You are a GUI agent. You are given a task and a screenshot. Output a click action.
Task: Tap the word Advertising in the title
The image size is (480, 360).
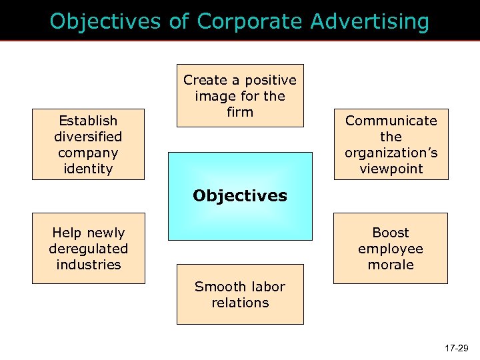pos(370,22)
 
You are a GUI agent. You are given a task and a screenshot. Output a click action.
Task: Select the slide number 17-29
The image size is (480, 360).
pos(455,348)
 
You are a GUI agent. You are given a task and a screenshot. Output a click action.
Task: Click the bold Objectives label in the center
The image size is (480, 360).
pos(240,196)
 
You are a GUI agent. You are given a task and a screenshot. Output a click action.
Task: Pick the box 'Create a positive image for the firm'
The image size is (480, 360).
pos(240,95)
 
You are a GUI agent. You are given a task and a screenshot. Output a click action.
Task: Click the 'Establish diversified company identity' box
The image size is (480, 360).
pos(88,145)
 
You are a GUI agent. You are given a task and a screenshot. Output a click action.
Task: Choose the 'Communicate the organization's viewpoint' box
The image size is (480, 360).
pos(391,145)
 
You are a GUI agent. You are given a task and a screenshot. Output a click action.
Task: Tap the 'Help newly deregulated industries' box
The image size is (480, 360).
pos(88,249)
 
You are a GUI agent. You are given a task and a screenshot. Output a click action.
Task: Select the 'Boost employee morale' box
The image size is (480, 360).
pos(391,249)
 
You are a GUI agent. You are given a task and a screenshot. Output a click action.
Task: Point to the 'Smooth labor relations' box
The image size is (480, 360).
pos(240,295)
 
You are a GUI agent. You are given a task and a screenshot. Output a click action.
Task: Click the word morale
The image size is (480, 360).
pos(391,265)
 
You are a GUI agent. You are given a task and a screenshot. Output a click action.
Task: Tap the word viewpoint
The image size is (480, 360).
pos(391,169)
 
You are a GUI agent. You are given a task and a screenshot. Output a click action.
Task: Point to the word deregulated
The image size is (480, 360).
pos(88,249)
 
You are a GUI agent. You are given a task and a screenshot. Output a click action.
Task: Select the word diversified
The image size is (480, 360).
pos(88,137)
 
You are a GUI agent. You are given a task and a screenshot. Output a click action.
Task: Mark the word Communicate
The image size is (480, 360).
pos(391,121)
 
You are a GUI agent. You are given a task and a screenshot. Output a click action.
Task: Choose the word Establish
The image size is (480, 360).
pos(88,121)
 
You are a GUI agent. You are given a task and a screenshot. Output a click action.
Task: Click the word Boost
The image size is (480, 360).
pos(391,233)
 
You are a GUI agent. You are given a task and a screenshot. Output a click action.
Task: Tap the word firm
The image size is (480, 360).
pos(240,112)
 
